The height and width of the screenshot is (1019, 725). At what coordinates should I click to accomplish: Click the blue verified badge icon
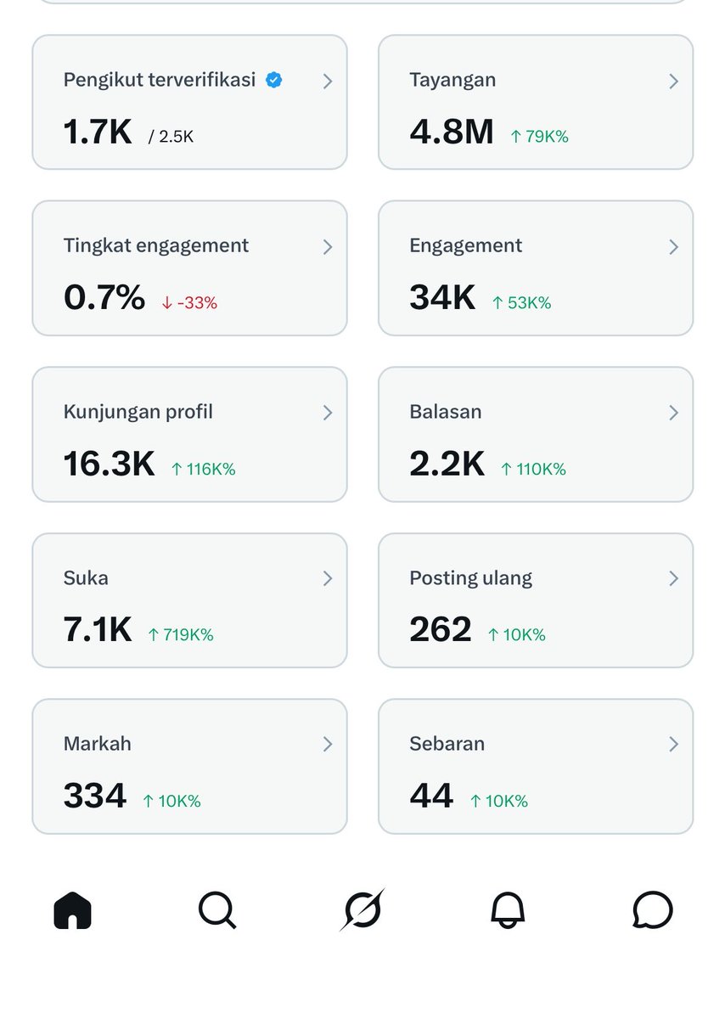coord(273,81)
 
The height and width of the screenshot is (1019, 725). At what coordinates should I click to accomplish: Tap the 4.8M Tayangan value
coord(451,132)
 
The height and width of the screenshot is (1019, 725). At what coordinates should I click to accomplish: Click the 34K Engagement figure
coord(442,298)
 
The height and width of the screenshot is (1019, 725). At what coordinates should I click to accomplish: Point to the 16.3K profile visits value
coord(109,464)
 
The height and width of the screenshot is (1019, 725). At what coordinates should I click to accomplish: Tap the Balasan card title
coord(445,412)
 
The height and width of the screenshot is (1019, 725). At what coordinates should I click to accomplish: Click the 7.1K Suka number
coord(98,630)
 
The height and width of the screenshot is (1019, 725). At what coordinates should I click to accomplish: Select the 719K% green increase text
coord(180,634)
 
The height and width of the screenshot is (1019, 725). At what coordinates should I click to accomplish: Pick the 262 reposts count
coord(440,630)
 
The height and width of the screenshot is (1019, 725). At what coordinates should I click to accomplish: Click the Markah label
coord(97,744)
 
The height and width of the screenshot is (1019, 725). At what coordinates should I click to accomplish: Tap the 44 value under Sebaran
coord(430,796)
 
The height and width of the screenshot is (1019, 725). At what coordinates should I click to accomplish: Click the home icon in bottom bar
coord(72,911)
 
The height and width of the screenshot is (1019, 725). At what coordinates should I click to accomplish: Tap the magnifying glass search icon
coord(217,910)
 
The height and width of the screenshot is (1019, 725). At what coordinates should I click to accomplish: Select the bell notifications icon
coord(508,910)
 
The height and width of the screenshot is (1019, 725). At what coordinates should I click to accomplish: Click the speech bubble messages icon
coord(653,910)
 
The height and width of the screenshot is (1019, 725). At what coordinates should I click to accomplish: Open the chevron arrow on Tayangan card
coord(673,82)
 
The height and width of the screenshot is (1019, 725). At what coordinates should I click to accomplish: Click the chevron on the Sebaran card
coord(673,744)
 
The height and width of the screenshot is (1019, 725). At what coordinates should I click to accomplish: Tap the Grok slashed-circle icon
coord(362,909)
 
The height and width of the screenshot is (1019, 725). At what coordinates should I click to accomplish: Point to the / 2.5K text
coord(171,137)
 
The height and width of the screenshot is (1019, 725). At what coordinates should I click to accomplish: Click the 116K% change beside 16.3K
coord(203,469)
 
